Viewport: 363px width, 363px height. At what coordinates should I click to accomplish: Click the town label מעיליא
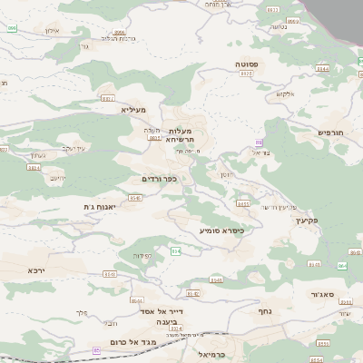point(132,109)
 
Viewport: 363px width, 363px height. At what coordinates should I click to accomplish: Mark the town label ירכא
point(35,270)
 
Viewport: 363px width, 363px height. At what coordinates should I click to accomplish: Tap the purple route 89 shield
point(259,142)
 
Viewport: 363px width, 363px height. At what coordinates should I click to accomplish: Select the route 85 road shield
point(96,350)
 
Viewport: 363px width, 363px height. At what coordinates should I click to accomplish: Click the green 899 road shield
point(12,29)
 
